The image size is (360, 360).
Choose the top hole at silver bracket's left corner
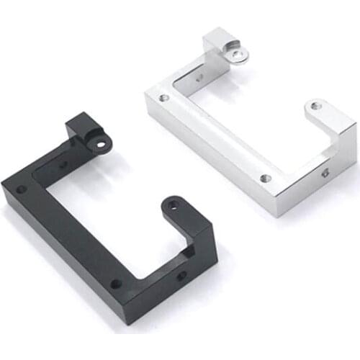click(x=165, y=96)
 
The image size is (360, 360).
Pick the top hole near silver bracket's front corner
click(x=266, y=178)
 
